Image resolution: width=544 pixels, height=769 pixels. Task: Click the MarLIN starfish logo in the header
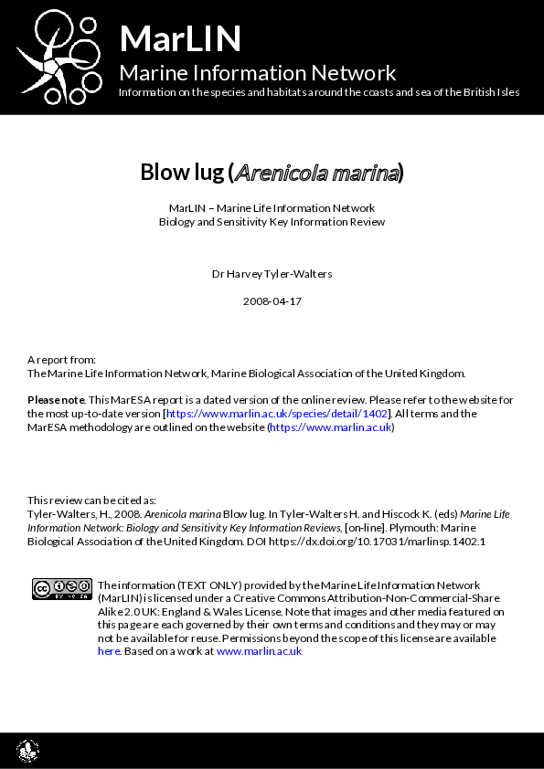tap(57, 57)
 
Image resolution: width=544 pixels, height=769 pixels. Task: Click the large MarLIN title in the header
tap(180, 38)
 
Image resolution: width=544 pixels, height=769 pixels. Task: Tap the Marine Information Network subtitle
tap(258, 73)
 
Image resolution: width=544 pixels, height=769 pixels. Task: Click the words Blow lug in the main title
tap(182, 172)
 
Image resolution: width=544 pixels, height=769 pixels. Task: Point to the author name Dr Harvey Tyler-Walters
tap(272, 273)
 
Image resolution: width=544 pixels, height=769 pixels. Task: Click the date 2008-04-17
tap(272, 300)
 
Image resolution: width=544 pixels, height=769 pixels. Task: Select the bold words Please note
tap(56, 400)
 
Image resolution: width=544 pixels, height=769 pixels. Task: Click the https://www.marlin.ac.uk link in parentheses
tap(330, 427)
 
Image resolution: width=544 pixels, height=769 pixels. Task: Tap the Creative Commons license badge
tap(61, 589)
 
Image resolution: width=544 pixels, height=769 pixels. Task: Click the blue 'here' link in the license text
tap(108, 651)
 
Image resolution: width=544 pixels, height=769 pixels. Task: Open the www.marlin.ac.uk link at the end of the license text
tap(259, 651)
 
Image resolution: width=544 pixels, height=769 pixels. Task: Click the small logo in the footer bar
tap(27, 751)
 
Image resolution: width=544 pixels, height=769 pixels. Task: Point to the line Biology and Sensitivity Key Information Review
tap(272, 222)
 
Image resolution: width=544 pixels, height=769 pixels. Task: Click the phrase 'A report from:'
tap(61, 360)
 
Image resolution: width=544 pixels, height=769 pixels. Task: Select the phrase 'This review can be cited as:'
tap(91, 500)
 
